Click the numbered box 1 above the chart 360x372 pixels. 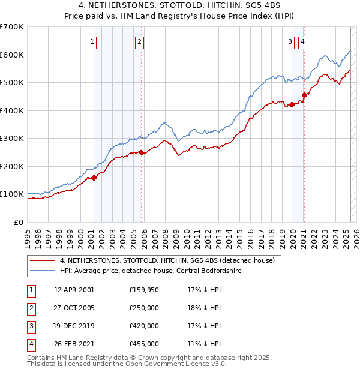pyautogui.click(x=92, y=41)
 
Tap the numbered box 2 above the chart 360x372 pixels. pyautogui.click(x=139, y=41)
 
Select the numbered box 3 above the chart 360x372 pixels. pyautogui.click(x=290, y=41)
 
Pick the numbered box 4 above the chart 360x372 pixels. pyautogui.click(x=302, y=41)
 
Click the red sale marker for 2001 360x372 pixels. pyautogui.click(x=94, y=178)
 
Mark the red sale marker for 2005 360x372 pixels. pyautogui.click(x=142, y=152)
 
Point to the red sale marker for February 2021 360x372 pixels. pyautogui.click(x=304, y=95)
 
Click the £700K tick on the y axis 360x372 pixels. pyautogui.click(x=12, y=27)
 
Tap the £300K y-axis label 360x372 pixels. pyautogui.click(x=12, y=138)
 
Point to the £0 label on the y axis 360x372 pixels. pyautogui.click(x=18, y=222)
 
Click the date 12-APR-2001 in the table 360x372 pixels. pyautogui.click(x=74, y=290)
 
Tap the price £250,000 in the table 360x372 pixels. pyautogui.click(x=144, y=308)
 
